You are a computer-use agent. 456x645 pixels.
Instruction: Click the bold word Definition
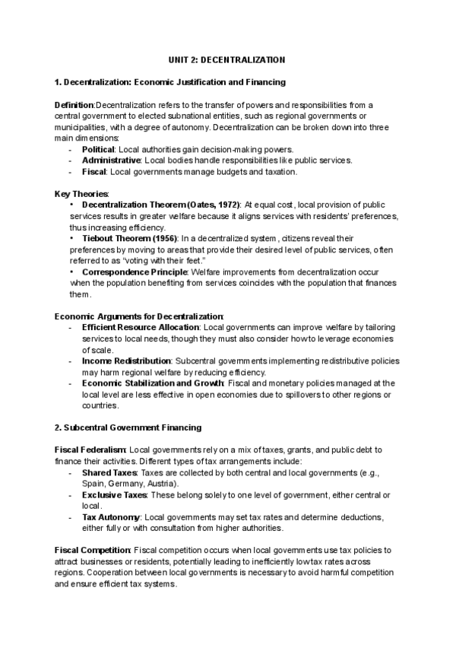74,104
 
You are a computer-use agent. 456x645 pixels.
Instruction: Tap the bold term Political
97,150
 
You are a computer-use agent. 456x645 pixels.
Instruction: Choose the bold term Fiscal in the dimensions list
93,172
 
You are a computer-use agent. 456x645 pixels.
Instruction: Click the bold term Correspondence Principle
135,272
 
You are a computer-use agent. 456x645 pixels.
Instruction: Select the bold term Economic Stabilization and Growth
147,383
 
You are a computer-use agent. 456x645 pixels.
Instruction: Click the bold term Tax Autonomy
111,517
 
